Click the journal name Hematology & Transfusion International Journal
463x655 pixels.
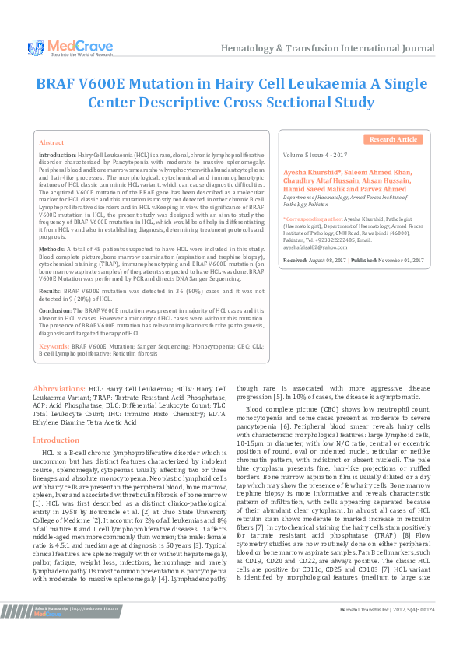coord(328,48)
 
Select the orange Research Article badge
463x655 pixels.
coord(393,139)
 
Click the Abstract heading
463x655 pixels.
coord(52,143)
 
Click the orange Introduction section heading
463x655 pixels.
coord(55,440)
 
